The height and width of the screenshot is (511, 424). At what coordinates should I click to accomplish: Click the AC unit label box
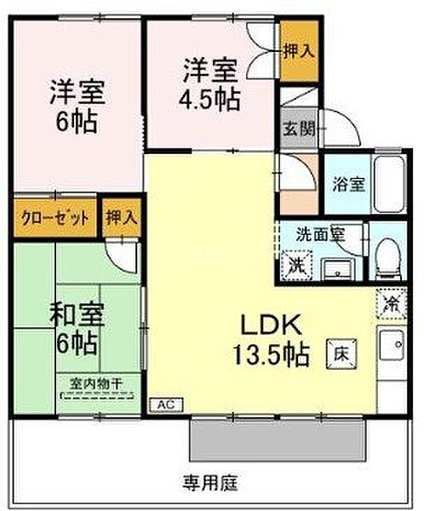(167, 405)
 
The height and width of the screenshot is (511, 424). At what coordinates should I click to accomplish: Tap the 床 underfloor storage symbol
(342, 354)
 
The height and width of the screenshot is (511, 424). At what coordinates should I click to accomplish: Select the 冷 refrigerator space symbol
(391, 303)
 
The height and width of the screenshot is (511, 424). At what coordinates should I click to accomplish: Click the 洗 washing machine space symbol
(297, 265)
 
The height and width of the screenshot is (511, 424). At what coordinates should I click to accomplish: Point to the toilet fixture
(388, 260)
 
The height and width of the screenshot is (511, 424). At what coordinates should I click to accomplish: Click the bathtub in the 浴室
(389, 185)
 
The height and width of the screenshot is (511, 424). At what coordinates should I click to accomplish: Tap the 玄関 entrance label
(298, 129)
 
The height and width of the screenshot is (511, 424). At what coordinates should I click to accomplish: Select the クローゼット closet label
(54, 218)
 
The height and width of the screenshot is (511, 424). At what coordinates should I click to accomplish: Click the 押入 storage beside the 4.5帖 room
(299, 51)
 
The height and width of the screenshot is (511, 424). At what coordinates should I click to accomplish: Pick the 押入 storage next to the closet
(121, 217)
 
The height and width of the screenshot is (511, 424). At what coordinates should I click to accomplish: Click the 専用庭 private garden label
(210, 483)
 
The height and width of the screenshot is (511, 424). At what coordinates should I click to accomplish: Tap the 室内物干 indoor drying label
(95, 384)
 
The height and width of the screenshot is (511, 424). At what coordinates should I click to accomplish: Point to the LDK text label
(271, 325)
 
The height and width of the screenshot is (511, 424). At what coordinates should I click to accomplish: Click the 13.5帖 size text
(271, 354)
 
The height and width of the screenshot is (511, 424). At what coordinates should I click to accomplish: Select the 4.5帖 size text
(210, 99)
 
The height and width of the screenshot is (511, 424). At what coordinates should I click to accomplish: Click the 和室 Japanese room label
(77, 314)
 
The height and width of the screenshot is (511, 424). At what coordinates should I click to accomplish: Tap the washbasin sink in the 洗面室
(337, 269)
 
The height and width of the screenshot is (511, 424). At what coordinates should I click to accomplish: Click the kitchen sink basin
(392, 346)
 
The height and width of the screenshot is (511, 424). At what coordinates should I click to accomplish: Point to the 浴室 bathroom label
(348, 184)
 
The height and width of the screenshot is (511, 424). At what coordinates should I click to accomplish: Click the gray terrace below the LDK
(277, 440)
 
